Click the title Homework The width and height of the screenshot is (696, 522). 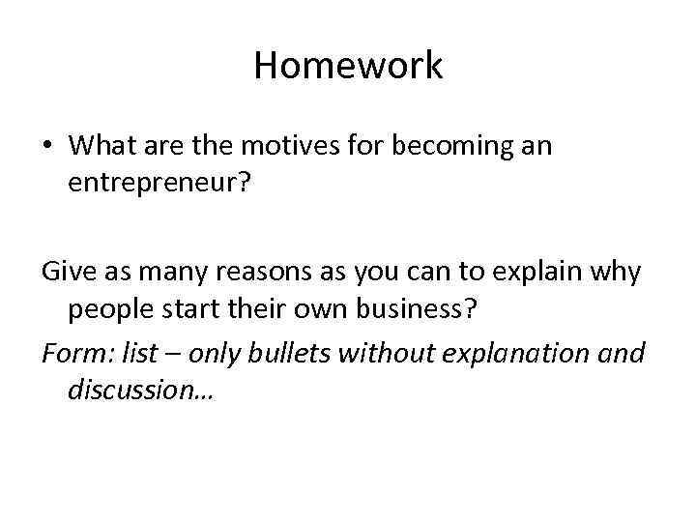pyautogui.click(x=348, y=66)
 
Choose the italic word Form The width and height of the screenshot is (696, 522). pyautogui.click(x=74, y=353)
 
